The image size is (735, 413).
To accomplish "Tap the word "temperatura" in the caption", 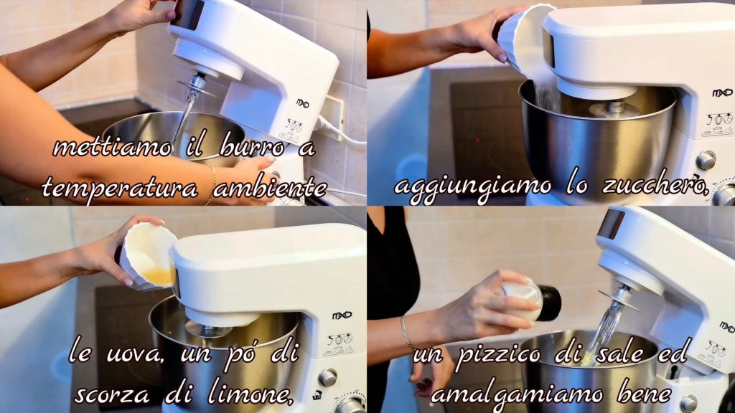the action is coord(120,189).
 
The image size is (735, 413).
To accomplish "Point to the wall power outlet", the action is coord(332,118).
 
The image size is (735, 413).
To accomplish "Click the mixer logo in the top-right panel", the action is coord(722,93).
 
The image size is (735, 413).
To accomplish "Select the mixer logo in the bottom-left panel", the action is coord(342,315).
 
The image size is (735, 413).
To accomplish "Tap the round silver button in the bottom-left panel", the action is coord(327,377).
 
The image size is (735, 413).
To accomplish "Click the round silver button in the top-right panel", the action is coord(706,160).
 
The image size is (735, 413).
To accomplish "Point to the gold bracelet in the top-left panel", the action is coord(212,184).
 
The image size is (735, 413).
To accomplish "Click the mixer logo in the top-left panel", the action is coord(302,103).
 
